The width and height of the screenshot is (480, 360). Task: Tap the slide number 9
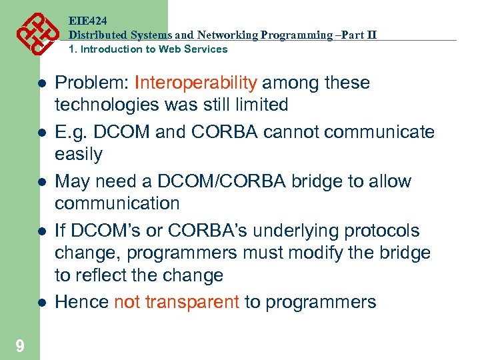[20, 345]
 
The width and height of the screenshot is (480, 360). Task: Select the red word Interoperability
[195, 83]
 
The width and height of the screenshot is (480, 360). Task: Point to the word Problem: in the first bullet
[91, 83]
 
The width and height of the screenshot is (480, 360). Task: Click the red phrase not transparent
[177, 302]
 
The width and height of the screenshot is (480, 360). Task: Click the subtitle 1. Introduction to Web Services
[148, 49]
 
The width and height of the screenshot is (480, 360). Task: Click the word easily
[79, 154]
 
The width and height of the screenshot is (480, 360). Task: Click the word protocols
[387, 231]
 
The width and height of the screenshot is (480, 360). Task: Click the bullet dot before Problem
[41, 84]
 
